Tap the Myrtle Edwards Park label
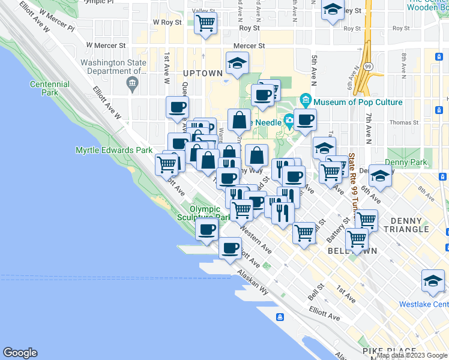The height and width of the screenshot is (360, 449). click(x=114, y=150)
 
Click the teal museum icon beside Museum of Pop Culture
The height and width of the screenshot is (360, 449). click(x=306, y=100)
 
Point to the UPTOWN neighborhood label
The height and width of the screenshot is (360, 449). click(x=203, y=73)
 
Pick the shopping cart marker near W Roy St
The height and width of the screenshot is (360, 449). click(x=206, y=23)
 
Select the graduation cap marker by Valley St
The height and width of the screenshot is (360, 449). click(x=333, y=10)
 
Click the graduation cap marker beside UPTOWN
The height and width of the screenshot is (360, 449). click(x=238, y=63)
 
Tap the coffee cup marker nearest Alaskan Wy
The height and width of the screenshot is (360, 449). click(x=230, y=248)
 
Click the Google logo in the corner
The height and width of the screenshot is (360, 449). click(x=20, y=353)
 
